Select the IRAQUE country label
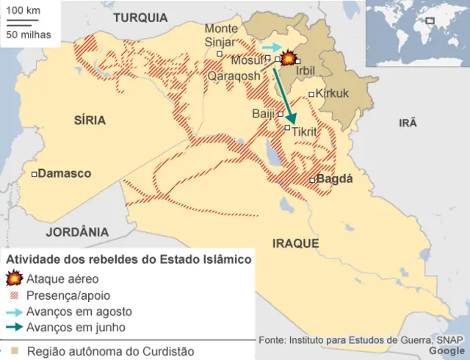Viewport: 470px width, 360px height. (295, 243)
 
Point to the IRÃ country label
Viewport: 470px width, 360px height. (408, 123)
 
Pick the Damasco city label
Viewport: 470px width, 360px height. (65, 173)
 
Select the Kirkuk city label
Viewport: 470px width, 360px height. (333, 93)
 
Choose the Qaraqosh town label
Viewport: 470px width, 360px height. (234, 75)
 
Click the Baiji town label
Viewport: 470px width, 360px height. (263, 113)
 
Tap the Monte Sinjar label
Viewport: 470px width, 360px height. (220, 35)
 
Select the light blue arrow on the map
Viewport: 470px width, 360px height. (271, 46)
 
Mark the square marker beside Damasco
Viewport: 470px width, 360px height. (34, 174)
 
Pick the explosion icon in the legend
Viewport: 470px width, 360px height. (14, 278)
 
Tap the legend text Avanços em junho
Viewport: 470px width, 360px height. (76, 327)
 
